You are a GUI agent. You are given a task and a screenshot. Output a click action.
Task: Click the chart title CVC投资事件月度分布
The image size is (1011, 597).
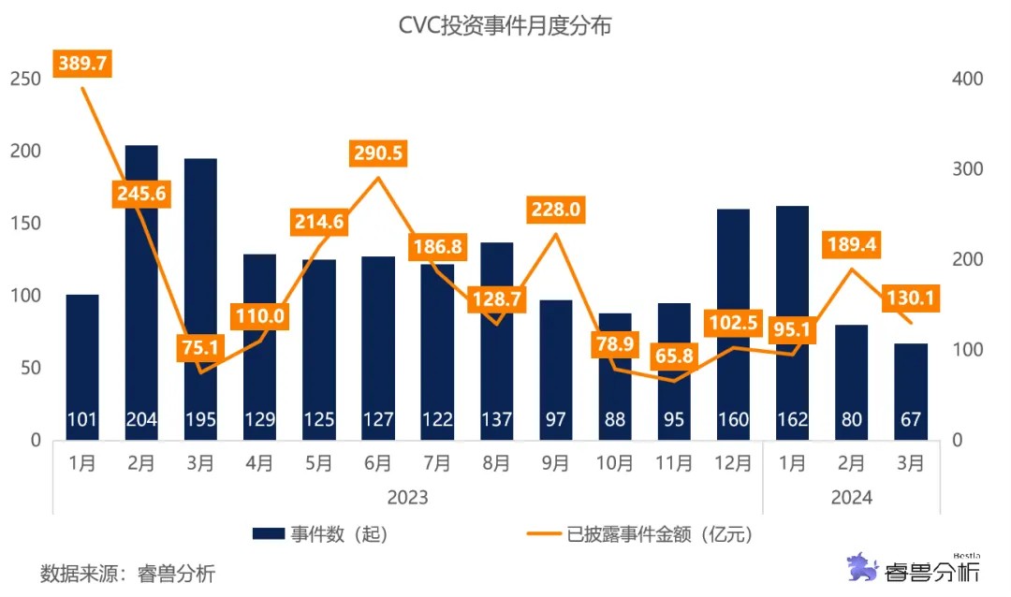click(505, 26)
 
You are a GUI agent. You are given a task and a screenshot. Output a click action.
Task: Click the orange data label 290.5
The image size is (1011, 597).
click(377, 153)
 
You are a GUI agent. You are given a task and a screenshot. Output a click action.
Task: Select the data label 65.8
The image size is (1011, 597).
click(673, 356)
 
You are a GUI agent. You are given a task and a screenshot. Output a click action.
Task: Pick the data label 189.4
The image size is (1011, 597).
click(851, 245)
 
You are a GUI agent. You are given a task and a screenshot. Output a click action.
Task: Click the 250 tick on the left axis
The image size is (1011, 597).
click(24, 79)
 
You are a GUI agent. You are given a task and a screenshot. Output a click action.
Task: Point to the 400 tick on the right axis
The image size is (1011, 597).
click(968, 79)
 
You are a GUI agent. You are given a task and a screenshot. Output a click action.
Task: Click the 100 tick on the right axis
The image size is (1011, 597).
click(968, 350)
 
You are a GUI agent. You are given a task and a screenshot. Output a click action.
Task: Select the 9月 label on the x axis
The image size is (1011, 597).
click(555, 463)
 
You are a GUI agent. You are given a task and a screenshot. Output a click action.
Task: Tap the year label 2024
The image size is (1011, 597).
click(851, 498)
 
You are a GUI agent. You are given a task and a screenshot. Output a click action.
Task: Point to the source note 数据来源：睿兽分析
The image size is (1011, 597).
click(127, 573)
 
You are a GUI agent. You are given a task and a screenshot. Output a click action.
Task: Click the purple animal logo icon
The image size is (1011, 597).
click(862, 568)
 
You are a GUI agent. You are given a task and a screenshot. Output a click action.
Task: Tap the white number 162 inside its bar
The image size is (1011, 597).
click(792, 420)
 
